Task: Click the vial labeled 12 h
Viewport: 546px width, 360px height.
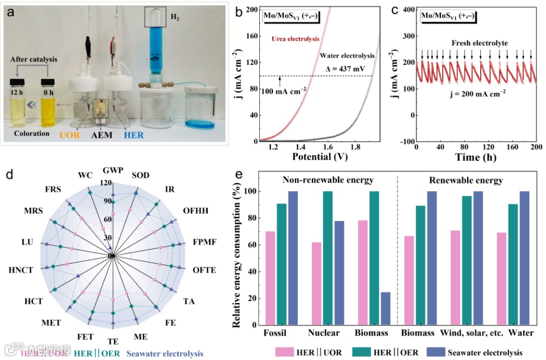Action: pos(18,104)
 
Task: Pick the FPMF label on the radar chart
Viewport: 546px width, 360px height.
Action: pos(204,242)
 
